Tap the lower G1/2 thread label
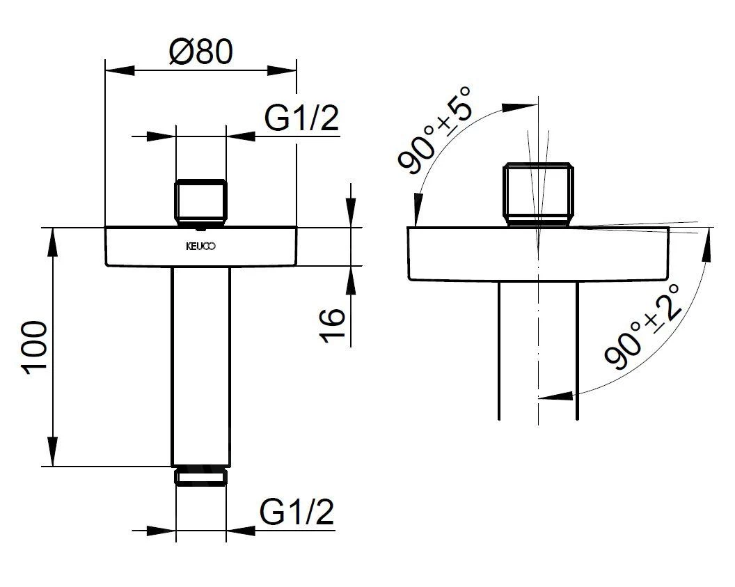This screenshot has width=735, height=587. point(297,513)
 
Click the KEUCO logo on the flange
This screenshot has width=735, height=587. point(200,245)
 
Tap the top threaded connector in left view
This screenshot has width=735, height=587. point(200,203)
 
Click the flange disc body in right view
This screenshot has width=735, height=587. point(538,254)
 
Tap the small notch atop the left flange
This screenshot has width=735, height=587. point(200,226)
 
